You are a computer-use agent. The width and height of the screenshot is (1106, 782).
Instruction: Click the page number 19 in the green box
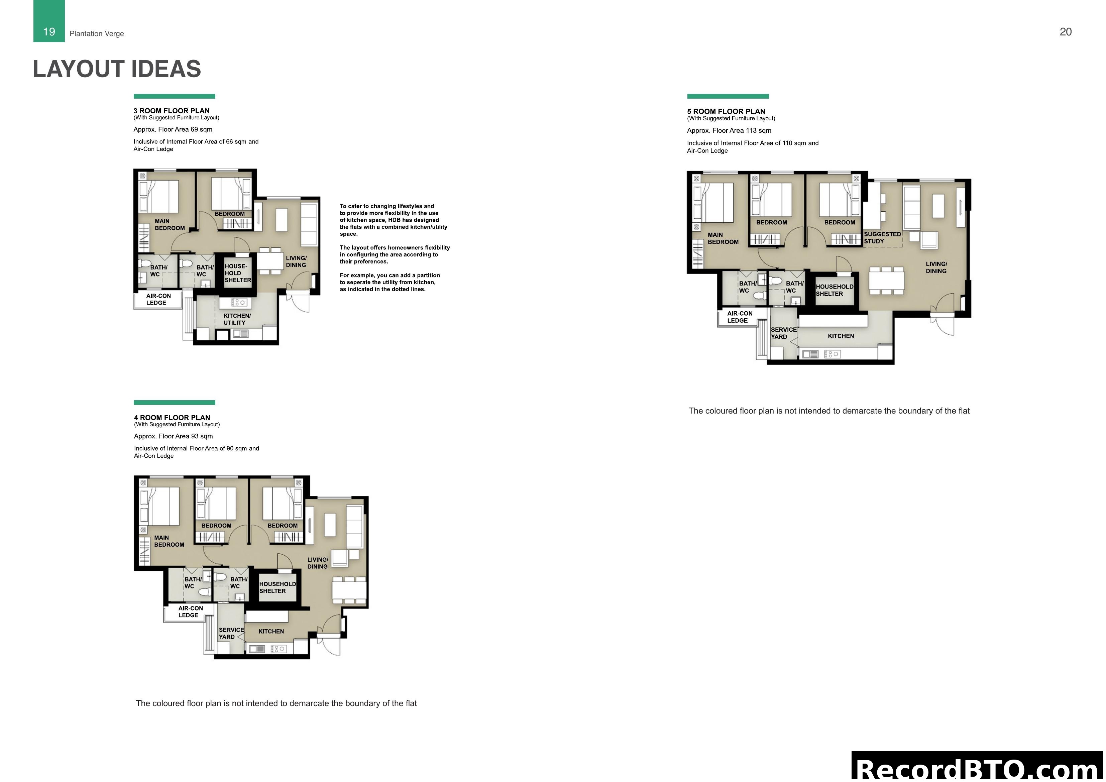[49, 32]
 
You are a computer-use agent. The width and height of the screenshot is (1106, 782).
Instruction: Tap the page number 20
[1066, 32]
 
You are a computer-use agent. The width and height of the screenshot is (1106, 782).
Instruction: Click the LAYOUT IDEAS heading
[117, 69]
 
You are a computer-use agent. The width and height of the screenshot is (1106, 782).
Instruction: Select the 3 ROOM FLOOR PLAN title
[172, 111]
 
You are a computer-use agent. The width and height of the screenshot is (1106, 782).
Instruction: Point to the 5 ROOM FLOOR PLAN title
[726, 111]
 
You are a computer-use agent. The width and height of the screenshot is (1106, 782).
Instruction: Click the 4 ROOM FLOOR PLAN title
[172, 418]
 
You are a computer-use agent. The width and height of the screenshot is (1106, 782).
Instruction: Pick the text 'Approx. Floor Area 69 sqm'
[173, 129]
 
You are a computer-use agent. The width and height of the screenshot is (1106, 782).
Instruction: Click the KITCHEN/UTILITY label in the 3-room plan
[236, 319]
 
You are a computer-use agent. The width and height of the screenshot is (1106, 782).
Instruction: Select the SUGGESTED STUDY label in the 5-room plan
[882, 237]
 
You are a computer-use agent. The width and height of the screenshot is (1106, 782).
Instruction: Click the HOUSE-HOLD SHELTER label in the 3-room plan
[237, 273]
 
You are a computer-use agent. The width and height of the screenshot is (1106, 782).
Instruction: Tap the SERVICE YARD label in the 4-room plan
[231, 633]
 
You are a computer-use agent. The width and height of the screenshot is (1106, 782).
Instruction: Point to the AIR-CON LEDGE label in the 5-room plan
[740, 317]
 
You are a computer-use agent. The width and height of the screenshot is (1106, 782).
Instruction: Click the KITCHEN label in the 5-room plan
[841, 336]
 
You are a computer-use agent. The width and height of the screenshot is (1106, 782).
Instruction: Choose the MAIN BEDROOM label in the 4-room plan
[169, 541]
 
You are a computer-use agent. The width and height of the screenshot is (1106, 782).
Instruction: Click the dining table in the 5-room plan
[886, 281]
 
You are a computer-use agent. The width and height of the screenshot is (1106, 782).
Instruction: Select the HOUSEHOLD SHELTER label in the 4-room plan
[277, 587]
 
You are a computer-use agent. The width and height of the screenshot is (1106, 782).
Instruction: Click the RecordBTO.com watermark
[978, 769]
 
